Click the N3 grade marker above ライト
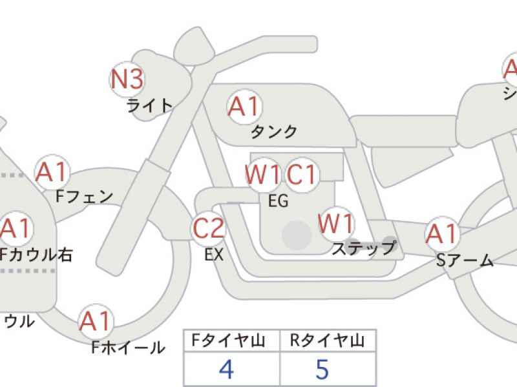click(x=126, y=80)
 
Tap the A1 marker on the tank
click(x=244, y=106)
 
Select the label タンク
click(x=274, y=132)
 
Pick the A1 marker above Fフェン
click(x=52, y=172)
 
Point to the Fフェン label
click(x=84, y=197)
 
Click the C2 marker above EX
click(x=209, y=228)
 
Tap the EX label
click(x=214, y=255)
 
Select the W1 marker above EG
click(x=263, y=174)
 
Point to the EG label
click(x=278, y=201)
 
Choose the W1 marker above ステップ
click(x=337, y=224)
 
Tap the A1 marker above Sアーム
click(x=442, y=235)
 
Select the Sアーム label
click(x=464, y=261)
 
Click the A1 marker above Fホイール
click(x=96, y=321)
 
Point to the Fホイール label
click(x=128, y=348)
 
